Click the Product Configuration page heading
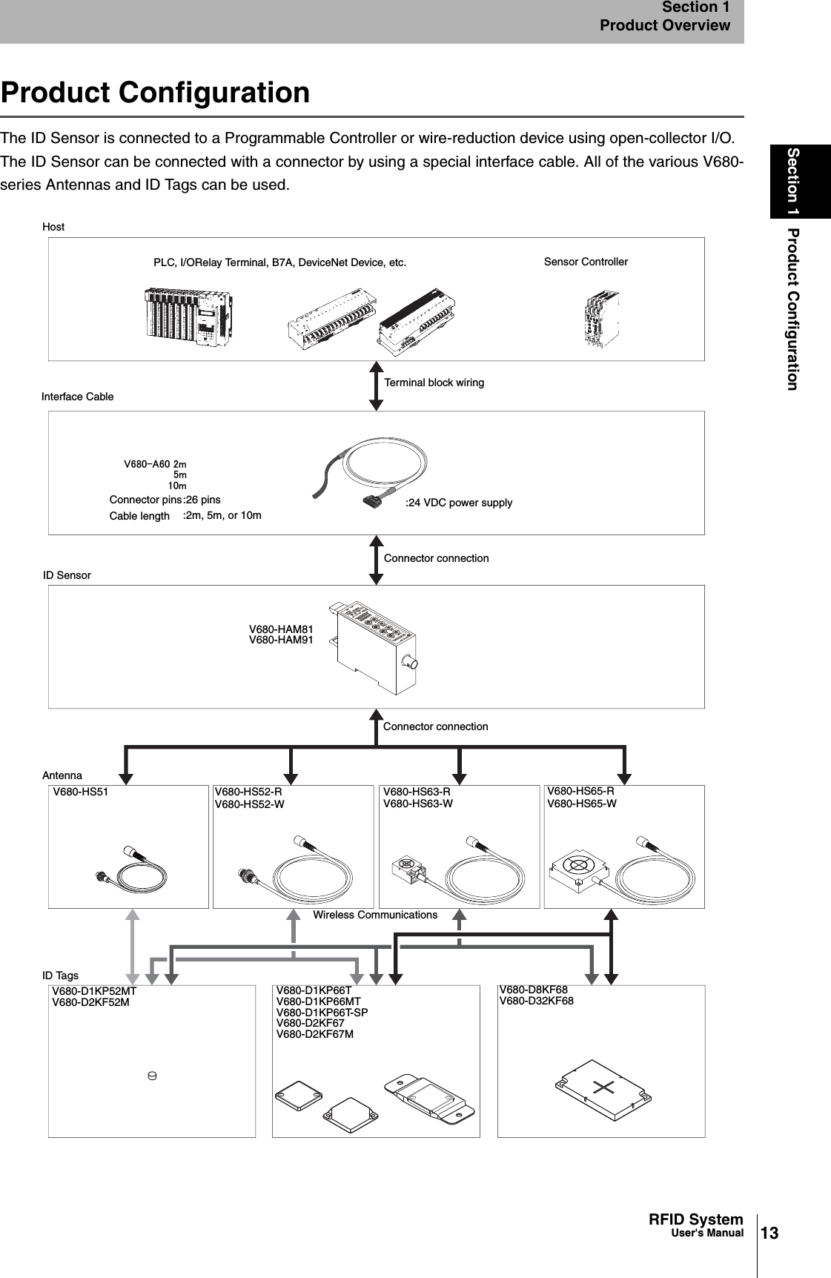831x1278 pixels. pyautogui.click(x=156, y=93)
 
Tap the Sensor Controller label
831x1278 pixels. pyautogui.click(x=586, y=262)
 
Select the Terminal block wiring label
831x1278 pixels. pyautogui.click(x=434, y=383)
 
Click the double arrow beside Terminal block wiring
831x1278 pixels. pyautogui.click(x=377, y=385)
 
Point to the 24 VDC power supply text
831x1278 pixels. pyautogui.click(x=459, y=503)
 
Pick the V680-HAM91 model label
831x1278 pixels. pyautogui.click(x=281, y=640)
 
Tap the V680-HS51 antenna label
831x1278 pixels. pyautogui.click(x=81, y=792)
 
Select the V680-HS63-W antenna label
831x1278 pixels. pyautogui.click(x=418, y=804)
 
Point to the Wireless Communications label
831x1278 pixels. pyautogui.click(x=375, y=915)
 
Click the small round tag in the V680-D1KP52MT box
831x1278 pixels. pyautogui.click(x=151, y=1075)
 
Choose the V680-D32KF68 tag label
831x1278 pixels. pyautogui.click(x=537, y=1001)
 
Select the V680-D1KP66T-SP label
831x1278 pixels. pyautogui.click(x=322, y=1013)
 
